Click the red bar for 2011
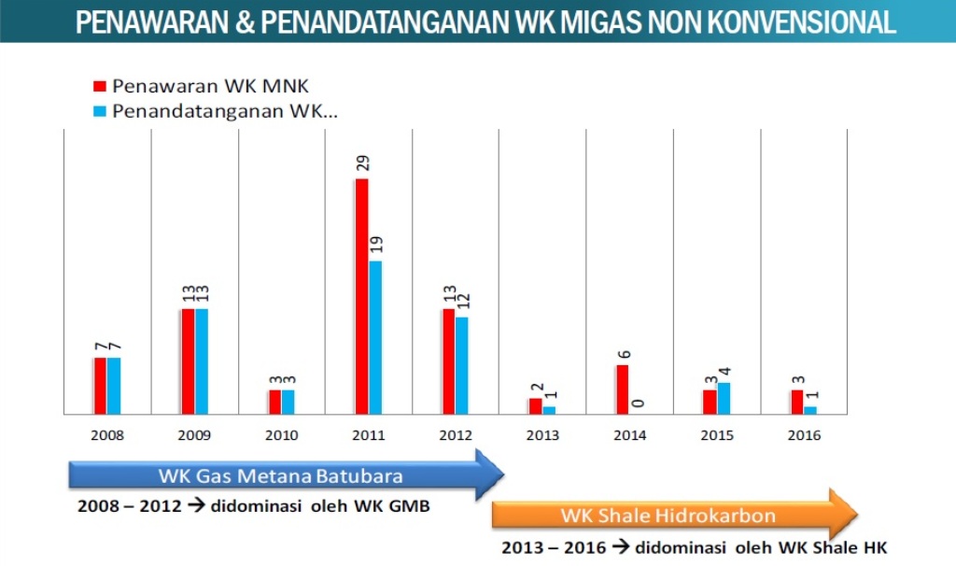tap(361, 295)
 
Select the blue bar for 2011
tap(375, 336)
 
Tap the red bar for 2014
tap(622, 389)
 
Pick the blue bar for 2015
tap(724, 398)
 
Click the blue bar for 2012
tap(461, 365)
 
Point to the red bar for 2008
tap(100, 385)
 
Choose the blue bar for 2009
tap(202, 361)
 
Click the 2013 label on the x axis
tap(542, 435)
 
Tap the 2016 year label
tap(804, 435)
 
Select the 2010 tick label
tap(281, 435)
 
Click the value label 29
tap(362, 162)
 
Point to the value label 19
tap(376, 245)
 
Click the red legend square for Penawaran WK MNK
tap(100, 87)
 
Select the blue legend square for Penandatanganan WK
tap(100, 111)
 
